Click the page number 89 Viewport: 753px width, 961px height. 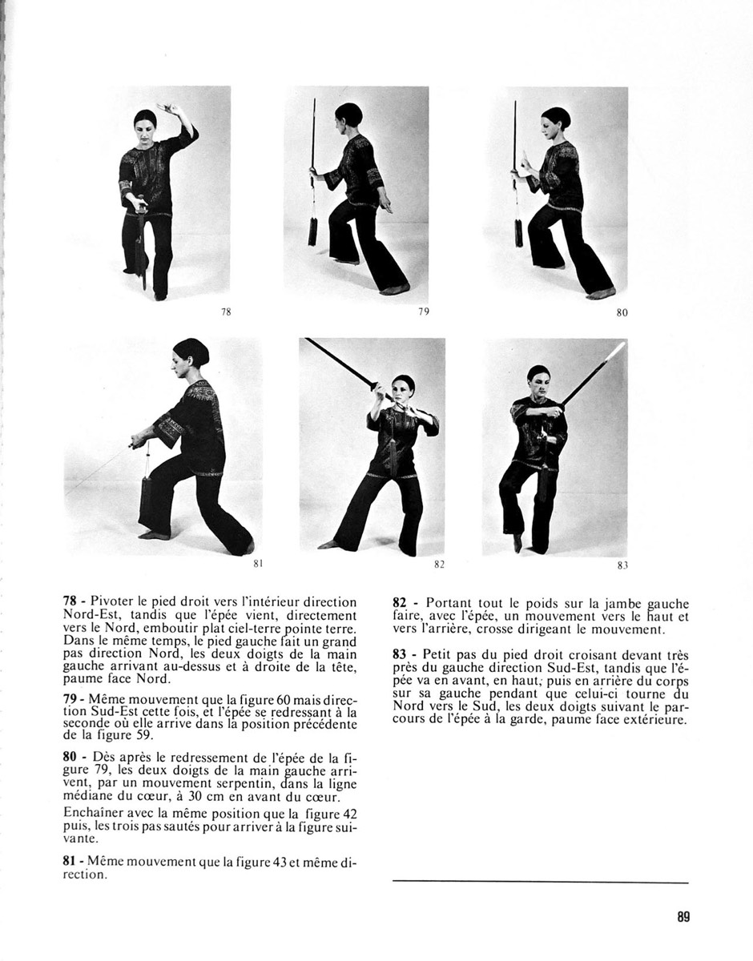[683, 917]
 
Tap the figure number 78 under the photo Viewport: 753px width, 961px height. [225, 312]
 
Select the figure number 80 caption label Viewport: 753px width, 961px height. [622, 313]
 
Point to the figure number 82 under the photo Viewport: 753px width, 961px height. [439, 565]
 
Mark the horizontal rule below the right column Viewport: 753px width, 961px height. [540, 883]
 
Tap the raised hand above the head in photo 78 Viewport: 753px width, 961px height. [168, 108]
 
